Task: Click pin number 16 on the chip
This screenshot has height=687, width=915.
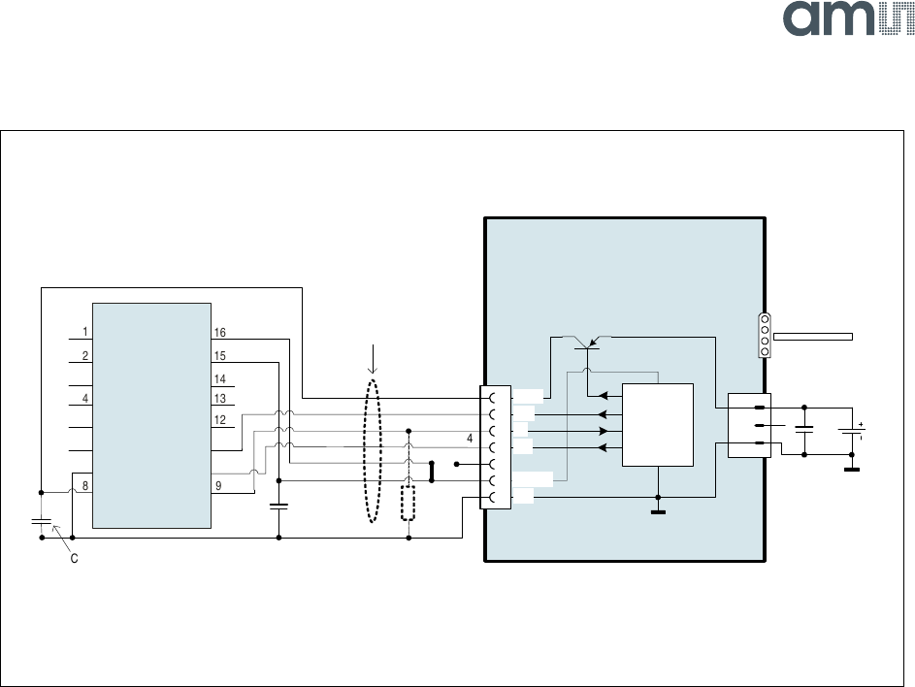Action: tap(219, 332)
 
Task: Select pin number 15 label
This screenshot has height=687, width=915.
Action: tap(219, 356)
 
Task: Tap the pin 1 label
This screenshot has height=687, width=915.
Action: tap(85, 332)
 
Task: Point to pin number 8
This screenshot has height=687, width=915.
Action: tap(85, 486)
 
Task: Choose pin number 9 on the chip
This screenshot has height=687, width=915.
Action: tap(218, 486)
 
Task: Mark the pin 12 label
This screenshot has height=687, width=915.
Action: tap(219, 420)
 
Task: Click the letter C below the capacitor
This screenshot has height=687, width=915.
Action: tap(74, 560)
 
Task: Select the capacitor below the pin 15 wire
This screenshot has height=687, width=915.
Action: tap(278, 506)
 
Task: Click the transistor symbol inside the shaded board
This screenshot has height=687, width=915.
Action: tap(587, 345)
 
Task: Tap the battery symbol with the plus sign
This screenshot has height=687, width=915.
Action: tap(852, 432)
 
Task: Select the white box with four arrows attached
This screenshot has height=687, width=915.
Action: tap(658, 424)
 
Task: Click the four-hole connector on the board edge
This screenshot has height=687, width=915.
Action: tap(764, 336)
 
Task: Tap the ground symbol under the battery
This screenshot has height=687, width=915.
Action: tap(852, 470)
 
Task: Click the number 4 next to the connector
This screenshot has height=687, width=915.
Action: tap(470, 439)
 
